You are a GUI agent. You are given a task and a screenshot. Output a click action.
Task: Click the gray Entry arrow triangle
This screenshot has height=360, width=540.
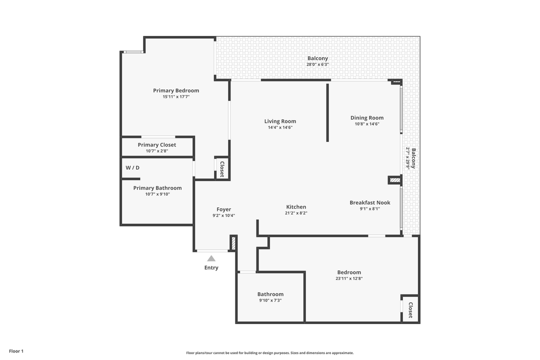pyautogui.click(x=211, y=258)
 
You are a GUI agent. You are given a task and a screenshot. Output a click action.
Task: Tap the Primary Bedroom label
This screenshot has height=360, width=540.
pyautogui.click(x=176, y=90)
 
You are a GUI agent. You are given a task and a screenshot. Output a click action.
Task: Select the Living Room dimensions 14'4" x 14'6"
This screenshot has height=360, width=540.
pyautogui.click(x=280, y=127)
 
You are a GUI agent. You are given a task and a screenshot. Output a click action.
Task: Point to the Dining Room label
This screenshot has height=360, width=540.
pyautogui.click(x=366, y=118)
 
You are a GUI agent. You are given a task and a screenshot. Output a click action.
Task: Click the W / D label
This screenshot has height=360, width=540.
pyautogui.click(x=132, y=167)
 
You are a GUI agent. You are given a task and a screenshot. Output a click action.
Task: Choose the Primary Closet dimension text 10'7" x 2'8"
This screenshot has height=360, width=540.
pyautogui.click(x=157, y=151)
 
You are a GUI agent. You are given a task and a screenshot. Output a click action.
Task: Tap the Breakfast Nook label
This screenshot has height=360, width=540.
pyautogui.click(x=369, y=202)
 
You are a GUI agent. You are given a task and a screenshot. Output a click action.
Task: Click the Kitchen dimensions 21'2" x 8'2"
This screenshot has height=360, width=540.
pyautogui.click(x=296, y=213)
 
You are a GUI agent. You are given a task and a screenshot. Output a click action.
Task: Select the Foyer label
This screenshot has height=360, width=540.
pyautogui.click(x=223, y=209)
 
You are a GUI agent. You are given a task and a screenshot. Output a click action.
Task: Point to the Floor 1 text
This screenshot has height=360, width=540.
pyautogui.click(x=16, y=351)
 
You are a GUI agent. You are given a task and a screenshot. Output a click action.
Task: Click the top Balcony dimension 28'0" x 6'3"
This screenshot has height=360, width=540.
pyautogui.click(x=317, y=64)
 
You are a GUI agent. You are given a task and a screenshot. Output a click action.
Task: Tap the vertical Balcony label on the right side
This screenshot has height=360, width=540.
pyautogui.click(x=413, y=158)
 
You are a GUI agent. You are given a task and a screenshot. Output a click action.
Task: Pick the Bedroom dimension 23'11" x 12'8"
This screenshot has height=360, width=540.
pyautogui.click(x=348, y=278)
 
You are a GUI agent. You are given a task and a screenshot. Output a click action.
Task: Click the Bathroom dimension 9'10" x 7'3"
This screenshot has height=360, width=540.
pyautogui.click(x=270, y=300)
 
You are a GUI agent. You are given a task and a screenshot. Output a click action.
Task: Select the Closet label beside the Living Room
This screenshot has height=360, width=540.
pyautogui.click(x=221, y=168)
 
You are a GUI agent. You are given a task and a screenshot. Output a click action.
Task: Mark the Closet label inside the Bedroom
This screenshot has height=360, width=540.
pyautogui.click(x=410, y=310)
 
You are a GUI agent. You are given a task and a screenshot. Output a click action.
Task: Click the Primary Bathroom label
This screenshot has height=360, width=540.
pyautogui.click(x=157, y=188)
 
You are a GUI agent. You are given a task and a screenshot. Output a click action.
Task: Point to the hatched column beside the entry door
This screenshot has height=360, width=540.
pyautogui.click(x=233, y=243)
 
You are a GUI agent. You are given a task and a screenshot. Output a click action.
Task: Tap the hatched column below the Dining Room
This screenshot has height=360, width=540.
pyautogui.click(x=395, y=180)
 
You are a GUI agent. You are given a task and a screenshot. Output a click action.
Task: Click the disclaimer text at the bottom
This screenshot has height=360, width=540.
pyautogui.click(x=270, y=353)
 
